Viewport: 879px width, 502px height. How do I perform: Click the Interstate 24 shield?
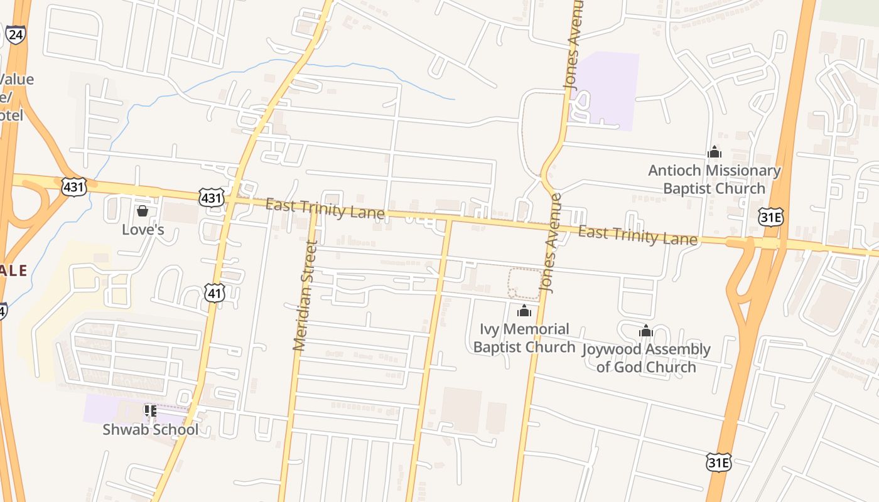point(15,35)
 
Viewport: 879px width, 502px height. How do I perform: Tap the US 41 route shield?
point(214,292)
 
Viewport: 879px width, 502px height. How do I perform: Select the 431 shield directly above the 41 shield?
point(211,198)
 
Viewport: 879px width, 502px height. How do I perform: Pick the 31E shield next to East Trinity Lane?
point(770,216)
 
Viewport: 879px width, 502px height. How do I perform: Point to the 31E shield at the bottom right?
point(718,462)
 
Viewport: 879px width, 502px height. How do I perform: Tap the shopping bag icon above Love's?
point(143,211)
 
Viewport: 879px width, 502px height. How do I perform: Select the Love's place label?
point(143,230)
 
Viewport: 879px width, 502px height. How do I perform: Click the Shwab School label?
point(150,430)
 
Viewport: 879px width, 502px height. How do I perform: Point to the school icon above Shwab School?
point(150,411)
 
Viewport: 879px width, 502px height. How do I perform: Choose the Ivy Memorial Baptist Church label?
point(524,338)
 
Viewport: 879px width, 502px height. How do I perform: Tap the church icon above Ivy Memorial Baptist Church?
point(524,311)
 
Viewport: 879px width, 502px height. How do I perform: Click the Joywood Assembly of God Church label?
point(647,358)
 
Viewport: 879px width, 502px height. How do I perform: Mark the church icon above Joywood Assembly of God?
point(646,331)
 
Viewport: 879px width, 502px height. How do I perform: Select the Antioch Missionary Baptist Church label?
point(715,179)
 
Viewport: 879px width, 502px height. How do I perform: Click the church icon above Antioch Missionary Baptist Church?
point(715,152)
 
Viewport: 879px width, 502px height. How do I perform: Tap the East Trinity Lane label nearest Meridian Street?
point(325,208)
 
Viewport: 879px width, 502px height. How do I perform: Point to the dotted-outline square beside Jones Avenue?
point(524,284)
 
